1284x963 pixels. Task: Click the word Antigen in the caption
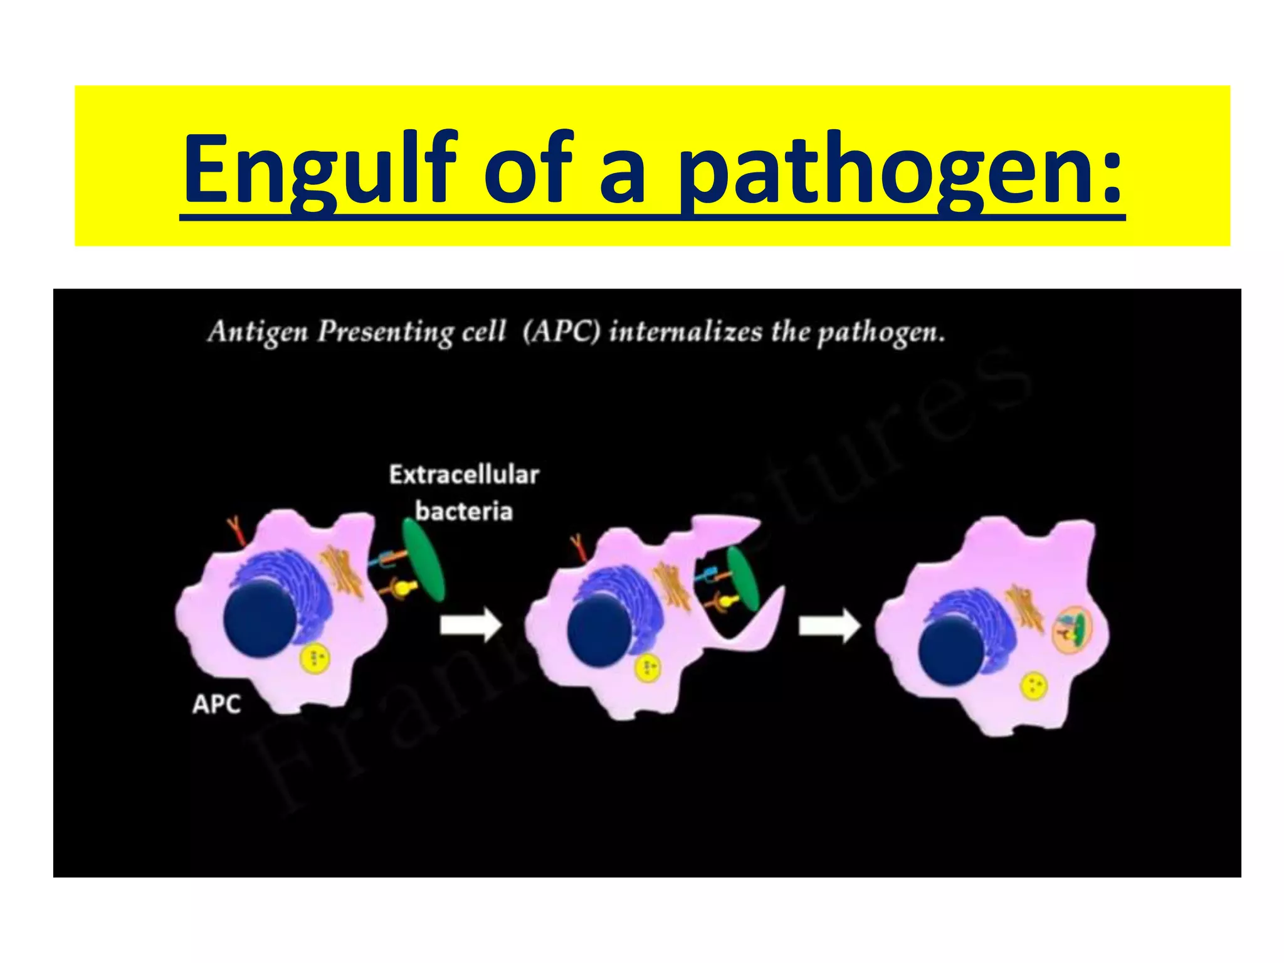pyautogui.click(x=258, y=331)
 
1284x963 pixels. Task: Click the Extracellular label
pyautogui.click(x=464, y=475)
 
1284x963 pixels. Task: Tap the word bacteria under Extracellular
pyautogui.click(x=464, y=511)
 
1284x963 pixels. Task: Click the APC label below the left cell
pyautogui.click(x=216, y=704)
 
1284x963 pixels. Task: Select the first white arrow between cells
pyautogui.click(x=470, y=625)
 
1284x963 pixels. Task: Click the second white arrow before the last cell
pyautogui.click(x=829, y=625)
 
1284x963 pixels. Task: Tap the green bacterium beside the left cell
pyautogui.click(x=423, y=560)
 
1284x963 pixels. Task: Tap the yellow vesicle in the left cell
pyautogui.click(x=315, y=658)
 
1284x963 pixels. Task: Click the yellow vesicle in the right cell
pyautogui.click(x=1034, y=685)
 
